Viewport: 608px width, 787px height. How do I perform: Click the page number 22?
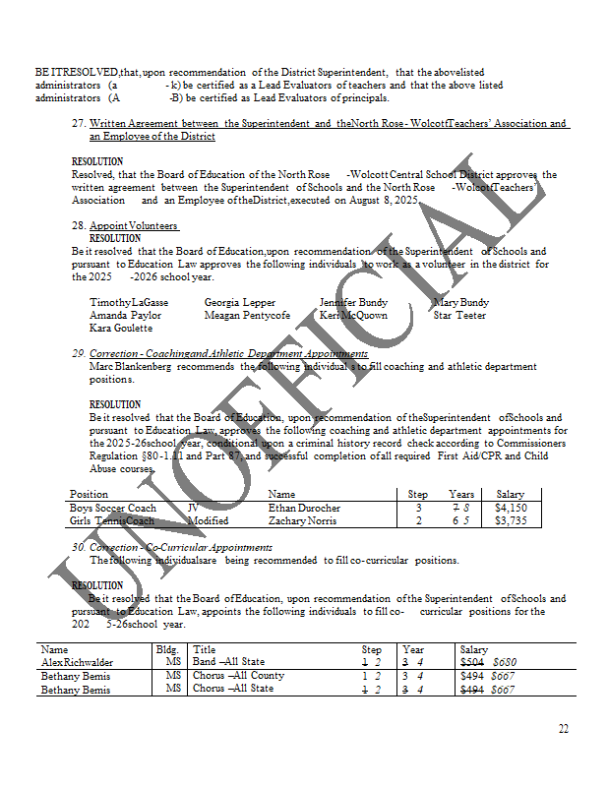coord(563,729)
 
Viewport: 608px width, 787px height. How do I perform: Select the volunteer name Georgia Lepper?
coord(240,302)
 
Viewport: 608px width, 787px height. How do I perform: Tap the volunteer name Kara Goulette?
coord(121,328)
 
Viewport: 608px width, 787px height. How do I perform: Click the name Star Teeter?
coord(459,315)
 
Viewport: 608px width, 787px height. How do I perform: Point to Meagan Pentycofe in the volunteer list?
coord(247,315)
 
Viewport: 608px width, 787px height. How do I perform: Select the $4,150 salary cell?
coord(511,508)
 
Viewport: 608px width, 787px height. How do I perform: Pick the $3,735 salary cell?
coord(511,520)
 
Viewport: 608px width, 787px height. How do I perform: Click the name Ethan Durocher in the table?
coord(304,508)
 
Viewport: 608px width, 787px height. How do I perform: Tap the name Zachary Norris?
coord(303,520)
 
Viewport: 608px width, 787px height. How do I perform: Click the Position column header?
coord(90,494)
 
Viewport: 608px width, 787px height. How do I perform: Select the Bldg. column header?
coord(167,649)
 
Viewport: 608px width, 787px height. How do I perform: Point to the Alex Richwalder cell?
coord(77,662)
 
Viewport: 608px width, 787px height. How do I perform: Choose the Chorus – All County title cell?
coord(238,676)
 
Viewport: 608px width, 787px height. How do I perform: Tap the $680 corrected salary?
coord(505,662)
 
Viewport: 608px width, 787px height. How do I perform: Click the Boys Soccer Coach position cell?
coord(113,508)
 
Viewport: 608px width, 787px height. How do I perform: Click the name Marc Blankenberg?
coord(130,367)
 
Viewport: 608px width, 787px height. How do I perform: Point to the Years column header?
coord(461,494)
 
